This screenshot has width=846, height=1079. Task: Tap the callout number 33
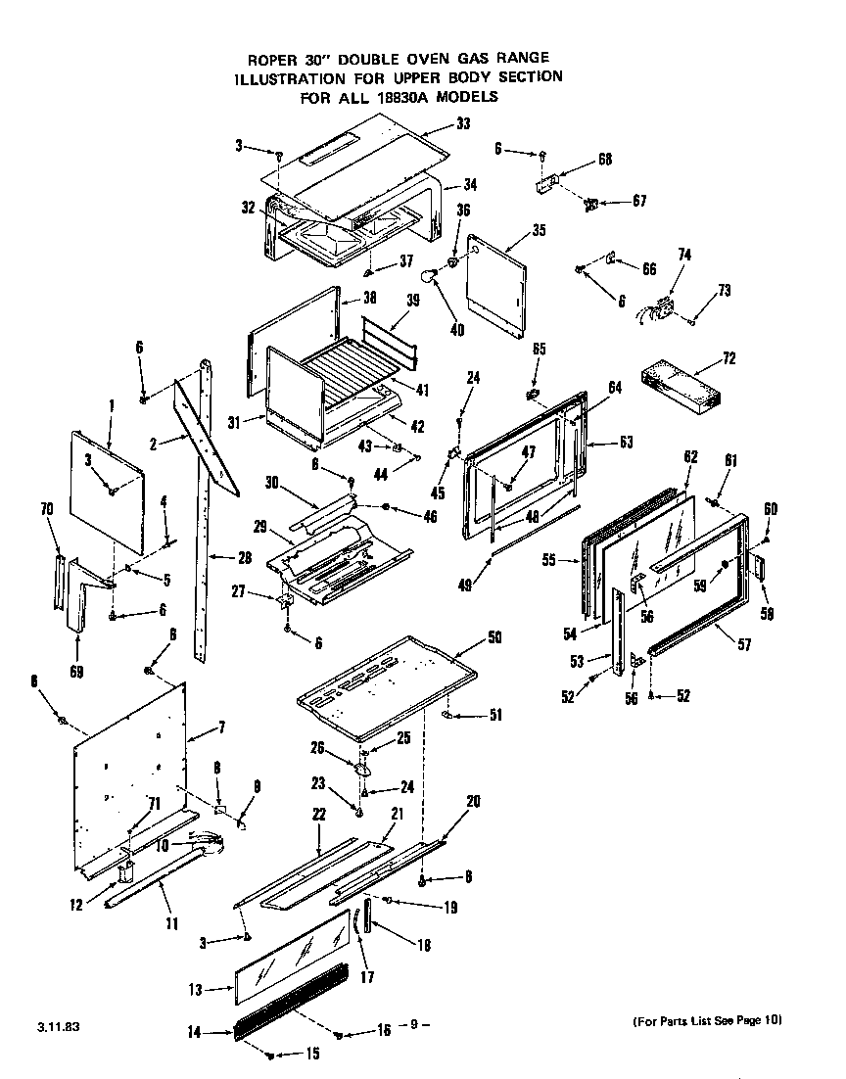pos(463,124)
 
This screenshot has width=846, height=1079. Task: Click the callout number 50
pos(493,638)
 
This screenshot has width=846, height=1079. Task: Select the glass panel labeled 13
pos(291,963)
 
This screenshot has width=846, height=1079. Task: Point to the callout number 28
pos(244,558)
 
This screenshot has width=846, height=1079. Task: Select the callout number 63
pos(626,442)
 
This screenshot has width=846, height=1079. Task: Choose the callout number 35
pos(538,231)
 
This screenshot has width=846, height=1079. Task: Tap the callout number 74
pos(684,254)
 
